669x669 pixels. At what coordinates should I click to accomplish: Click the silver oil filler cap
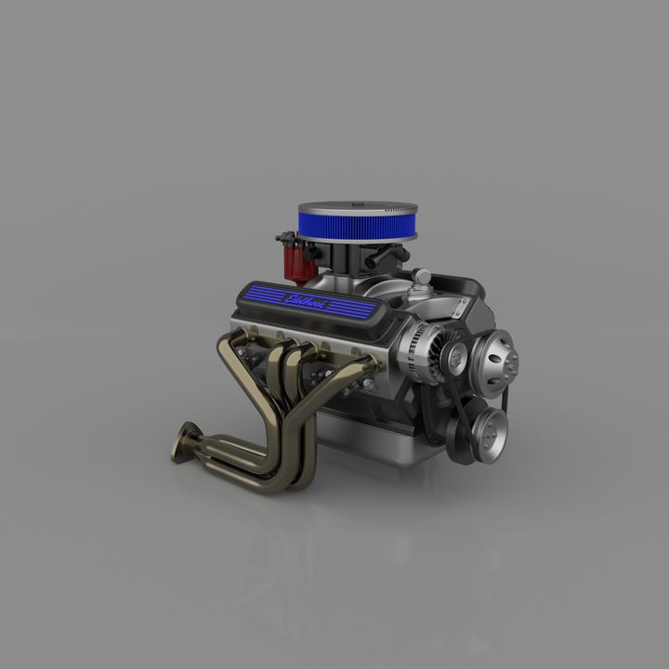click(x=423, y=277)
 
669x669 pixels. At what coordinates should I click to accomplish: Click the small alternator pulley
click(x=455, y=354)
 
